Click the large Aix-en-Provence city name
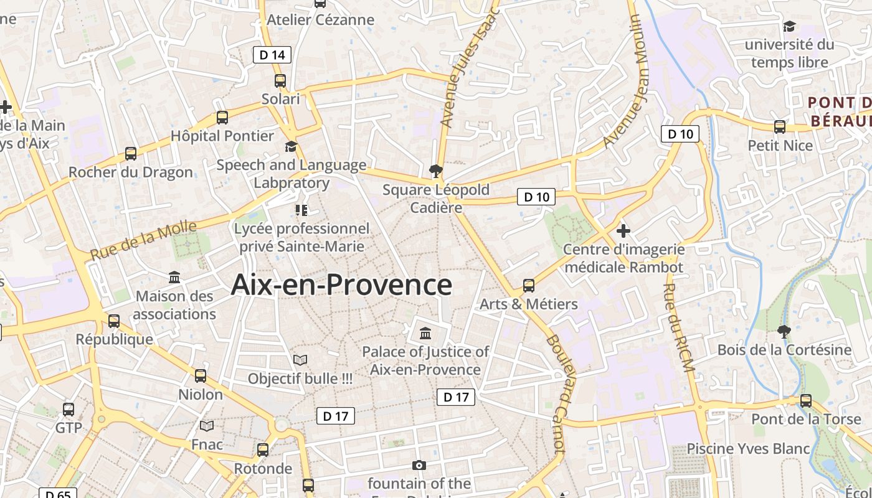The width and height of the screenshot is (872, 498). [x=341, y=285]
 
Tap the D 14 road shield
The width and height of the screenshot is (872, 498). [x=272, y=55]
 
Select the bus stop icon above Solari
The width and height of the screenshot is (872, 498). [x=280, y=81]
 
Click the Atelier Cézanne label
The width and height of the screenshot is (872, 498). [x=321, y=20]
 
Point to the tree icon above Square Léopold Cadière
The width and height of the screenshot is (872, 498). [x=436, y=171]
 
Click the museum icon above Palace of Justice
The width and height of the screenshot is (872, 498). [x=425, y=333]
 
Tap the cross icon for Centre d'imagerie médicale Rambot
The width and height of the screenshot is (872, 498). [x=623, y=231]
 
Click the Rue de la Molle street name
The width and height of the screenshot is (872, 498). [x=143, y=241]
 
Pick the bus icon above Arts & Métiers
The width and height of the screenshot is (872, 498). [x=529, y=286]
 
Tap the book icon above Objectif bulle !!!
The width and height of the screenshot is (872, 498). [x=300, y=360]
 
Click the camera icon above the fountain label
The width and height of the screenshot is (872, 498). [x=419, y=465]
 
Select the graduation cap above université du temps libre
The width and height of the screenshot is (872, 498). [x=789, y=26]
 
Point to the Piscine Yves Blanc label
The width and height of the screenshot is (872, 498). [x=748, y=449]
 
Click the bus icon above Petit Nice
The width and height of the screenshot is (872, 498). [x=780, y=127]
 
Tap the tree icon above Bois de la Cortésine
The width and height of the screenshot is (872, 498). [x=784, y=331]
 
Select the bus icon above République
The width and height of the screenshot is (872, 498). [x=114, y=321]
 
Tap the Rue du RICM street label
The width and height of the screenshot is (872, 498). [x=678, y=328]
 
